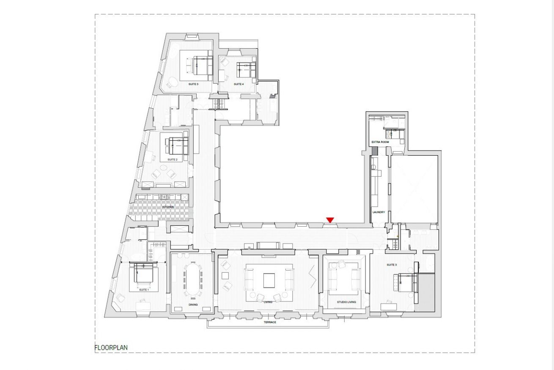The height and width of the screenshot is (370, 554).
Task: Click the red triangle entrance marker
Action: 330,220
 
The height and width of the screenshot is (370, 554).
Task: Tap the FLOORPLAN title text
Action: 111,348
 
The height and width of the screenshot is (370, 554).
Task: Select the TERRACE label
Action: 270,322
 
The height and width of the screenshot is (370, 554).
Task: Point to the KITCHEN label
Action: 168,207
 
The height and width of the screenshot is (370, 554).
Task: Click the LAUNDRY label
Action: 378,212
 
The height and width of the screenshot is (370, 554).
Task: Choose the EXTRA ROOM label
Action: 380,142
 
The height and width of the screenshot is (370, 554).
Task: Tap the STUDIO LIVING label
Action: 346,302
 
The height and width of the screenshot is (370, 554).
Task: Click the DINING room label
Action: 193,305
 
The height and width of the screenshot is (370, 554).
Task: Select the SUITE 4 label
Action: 239,84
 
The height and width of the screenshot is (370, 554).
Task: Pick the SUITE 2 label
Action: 173,159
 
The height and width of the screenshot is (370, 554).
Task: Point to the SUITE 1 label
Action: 144,290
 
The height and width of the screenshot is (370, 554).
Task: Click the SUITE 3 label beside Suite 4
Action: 193,84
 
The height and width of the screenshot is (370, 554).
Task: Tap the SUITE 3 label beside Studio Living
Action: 392,265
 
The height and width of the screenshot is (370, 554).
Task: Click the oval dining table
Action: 193,279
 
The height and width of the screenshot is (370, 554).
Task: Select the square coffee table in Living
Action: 269,280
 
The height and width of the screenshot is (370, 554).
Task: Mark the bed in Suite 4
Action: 246,70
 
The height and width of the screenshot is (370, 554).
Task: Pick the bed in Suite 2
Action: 177,146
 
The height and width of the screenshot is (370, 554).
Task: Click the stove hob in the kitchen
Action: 164,197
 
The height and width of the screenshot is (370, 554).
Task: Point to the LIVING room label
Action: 268,302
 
